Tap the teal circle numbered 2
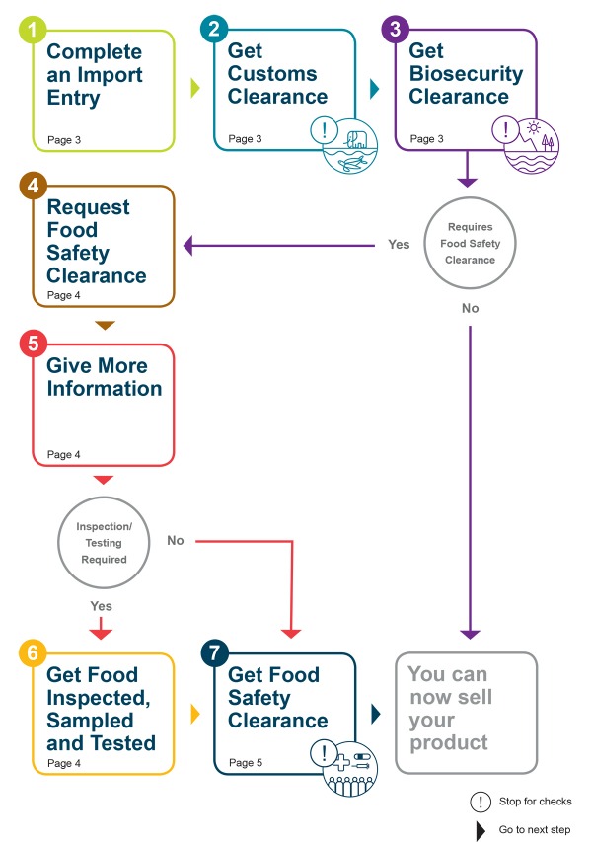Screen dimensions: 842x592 tap(214, 29)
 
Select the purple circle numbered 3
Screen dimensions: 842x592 tap(396, 29)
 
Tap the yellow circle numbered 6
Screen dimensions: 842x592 tap(33, 652)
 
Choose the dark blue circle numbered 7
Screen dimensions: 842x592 tap(214, 652)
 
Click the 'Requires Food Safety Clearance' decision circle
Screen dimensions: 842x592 tap(470, 244)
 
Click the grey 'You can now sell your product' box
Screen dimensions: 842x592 tap(466, 712)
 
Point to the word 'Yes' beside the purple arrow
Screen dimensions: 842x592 tap(399, 245)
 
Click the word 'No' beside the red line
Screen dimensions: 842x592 tap(176, 540)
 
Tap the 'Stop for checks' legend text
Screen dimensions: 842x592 tap(535, 802)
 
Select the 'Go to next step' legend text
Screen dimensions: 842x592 tap(535, 830)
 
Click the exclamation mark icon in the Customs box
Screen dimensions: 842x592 tap(324, 130)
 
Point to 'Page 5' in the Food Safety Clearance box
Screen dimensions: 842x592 tap(245, 763)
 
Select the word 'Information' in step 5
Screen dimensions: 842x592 tap(105, 388)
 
